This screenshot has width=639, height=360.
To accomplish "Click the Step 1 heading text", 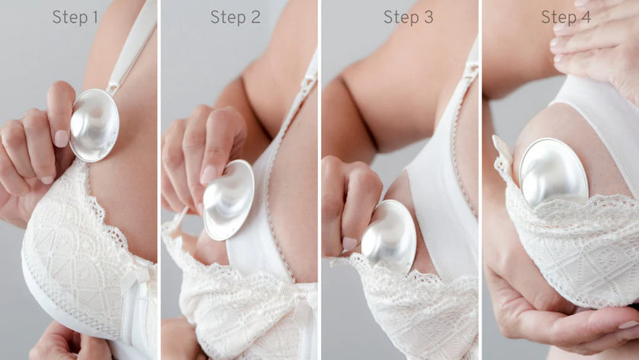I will click(75, 17).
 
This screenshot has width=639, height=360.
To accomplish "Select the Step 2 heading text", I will click(235, 17).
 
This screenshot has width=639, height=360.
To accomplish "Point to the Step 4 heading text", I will click(568, 17).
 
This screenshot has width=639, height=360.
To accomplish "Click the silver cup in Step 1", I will click(94, 125).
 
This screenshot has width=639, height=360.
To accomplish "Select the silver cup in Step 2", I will click(229, 200).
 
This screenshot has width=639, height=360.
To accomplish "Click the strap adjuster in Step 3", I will click(471, 71).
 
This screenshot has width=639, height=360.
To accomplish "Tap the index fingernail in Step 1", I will click(61, 138).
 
